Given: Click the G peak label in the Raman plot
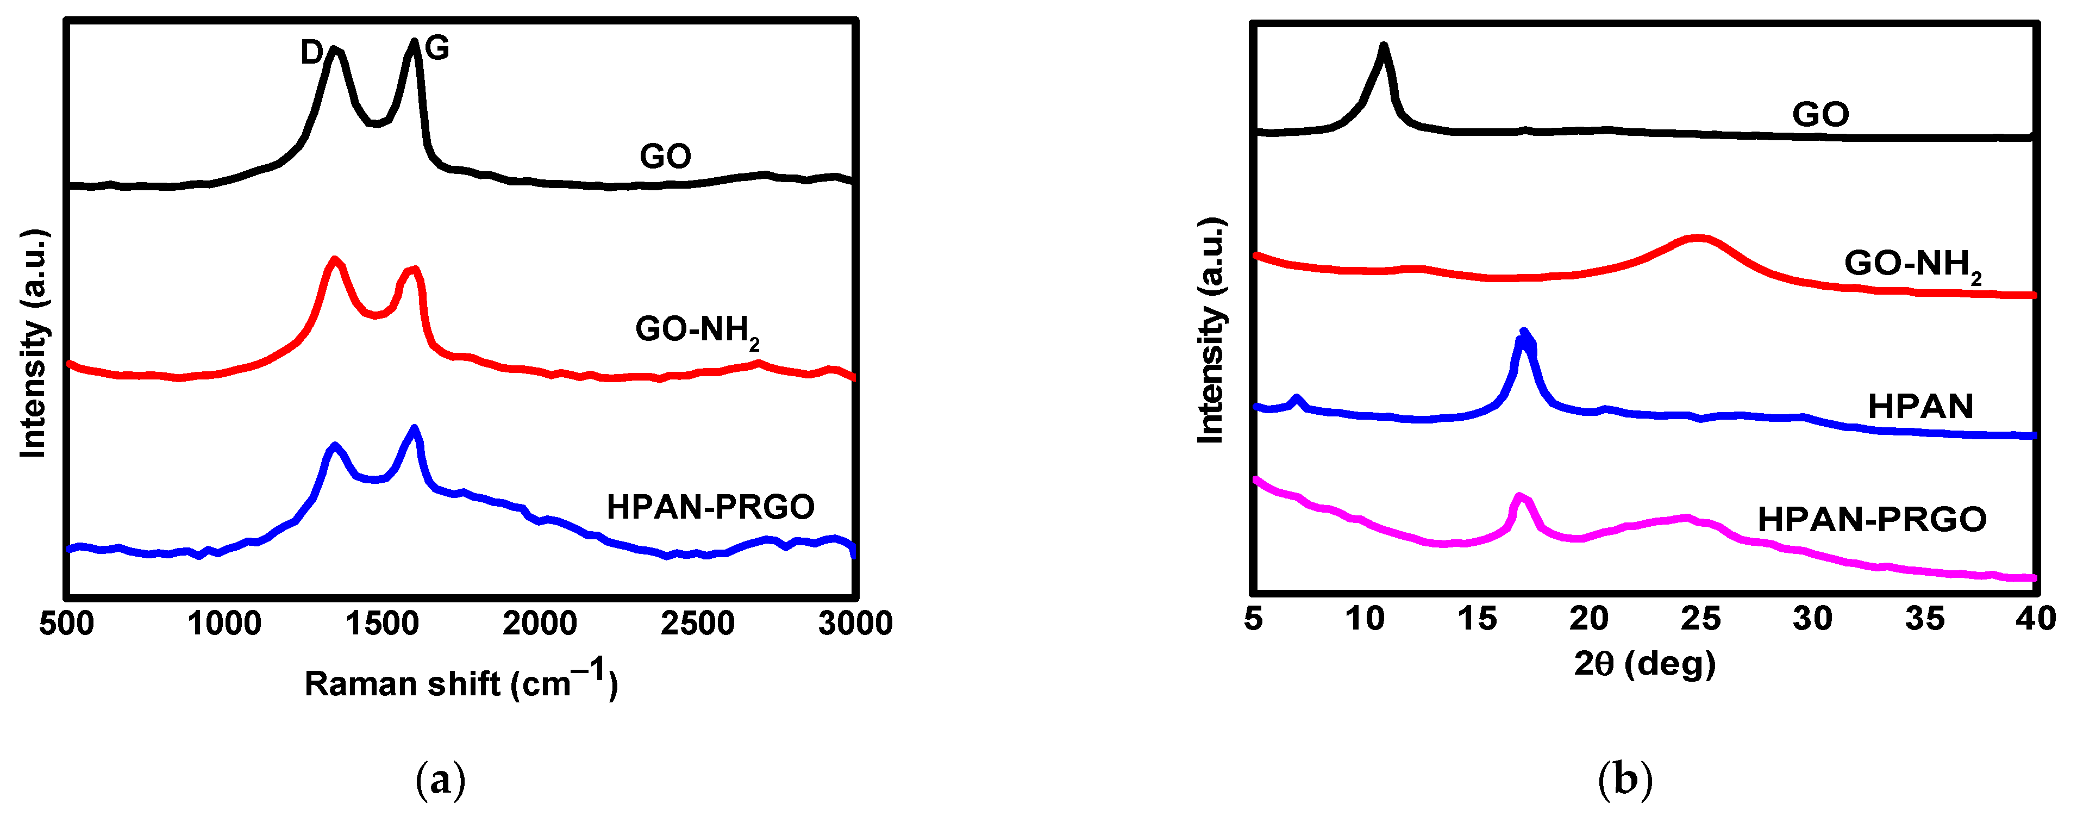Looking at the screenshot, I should click(x=436, y=49).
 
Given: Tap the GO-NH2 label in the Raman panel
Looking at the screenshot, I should click(x=697, y=331).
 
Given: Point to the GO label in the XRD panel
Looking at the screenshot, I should click(x=1820, y=115).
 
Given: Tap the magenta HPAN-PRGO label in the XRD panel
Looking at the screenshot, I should click(x=1872, y=519).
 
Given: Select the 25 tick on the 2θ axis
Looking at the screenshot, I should click(x=1700, y=619).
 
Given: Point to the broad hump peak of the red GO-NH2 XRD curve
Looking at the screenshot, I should click(x=1699, y=238).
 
